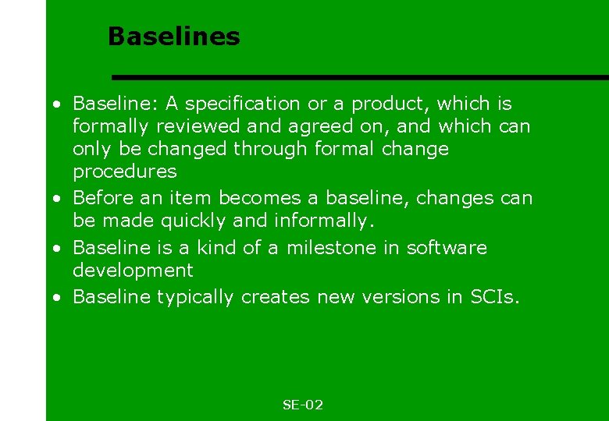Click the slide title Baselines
point(173,36)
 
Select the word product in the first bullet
point(389,104)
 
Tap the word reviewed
point(193,126)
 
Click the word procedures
point(124,172)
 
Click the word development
point(132,271)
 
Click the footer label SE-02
point(302,405)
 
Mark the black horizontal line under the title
point(359,77)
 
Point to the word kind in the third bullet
point(215,248)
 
